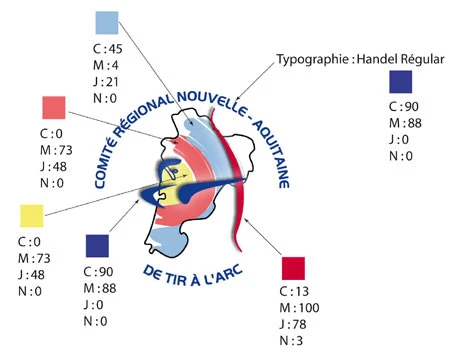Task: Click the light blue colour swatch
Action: click(x=107, y=23)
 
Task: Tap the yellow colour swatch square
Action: click(x=32, y=216)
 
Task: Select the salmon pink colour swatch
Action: click(x=54, y=108)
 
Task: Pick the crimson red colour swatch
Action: click(x=293, y=268)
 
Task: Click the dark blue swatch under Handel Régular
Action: click(x=401, y=82)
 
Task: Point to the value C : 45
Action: click(x=108, y=49)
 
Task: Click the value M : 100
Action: click(x=299, y=308)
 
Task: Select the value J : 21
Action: click(x=106, y=82)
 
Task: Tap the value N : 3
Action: click(x=291, y=341)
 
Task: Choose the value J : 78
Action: click(x=293, y=324)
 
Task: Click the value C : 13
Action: click(x=294, y=291)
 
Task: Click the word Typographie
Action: click(x=313, y=60)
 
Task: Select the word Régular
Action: click(x=423, y=59)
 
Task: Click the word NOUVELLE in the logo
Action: click(x=208, y=101)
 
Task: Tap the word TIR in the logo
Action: click(x=176, y=279)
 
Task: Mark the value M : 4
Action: click(x=106, y=65)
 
